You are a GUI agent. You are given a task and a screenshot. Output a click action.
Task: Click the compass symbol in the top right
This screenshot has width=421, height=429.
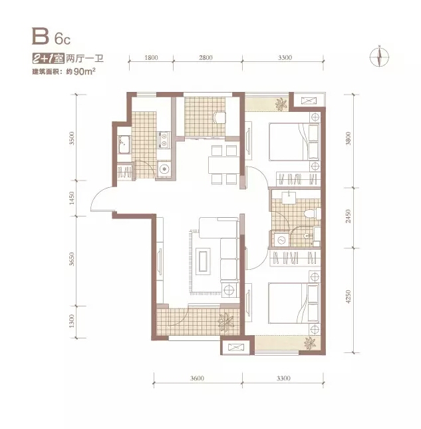[379, 57]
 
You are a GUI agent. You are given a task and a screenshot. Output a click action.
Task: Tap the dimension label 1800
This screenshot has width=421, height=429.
[151, 57]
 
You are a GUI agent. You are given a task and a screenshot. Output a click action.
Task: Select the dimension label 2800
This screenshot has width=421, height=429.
[206, 57]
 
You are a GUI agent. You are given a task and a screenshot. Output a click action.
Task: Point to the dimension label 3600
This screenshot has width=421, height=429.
[197, 378]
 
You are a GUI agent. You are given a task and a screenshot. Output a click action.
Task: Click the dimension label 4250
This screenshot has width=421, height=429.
[348, 297]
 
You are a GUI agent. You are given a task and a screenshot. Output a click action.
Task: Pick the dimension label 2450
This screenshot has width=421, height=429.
[348, 216]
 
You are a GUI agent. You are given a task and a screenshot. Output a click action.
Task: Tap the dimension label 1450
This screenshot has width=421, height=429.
[72, 198]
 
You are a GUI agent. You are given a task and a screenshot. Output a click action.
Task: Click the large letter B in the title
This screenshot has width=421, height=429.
[41, 36]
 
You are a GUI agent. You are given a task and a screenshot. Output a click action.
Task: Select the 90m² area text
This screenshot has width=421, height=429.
[84, 72]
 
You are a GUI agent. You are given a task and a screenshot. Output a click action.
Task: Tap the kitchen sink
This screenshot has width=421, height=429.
[124, 144]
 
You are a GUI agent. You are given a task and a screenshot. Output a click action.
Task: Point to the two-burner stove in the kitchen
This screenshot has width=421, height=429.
[164, 139]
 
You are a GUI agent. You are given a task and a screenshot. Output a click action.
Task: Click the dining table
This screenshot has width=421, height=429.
[223, 165]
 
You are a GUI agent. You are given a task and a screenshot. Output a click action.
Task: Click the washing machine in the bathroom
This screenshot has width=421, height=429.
[280, 240]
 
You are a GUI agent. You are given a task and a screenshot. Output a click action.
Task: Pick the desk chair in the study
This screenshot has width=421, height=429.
[220, 118]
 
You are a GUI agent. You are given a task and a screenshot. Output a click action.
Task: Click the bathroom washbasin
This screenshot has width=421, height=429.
[289, 198]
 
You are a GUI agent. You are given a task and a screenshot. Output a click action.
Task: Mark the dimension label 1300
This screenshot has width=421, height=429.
[72, 322]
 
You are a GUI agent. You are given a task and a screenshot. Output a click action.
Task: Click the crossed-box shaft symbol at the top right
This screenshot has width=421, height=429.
[309, 101]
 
